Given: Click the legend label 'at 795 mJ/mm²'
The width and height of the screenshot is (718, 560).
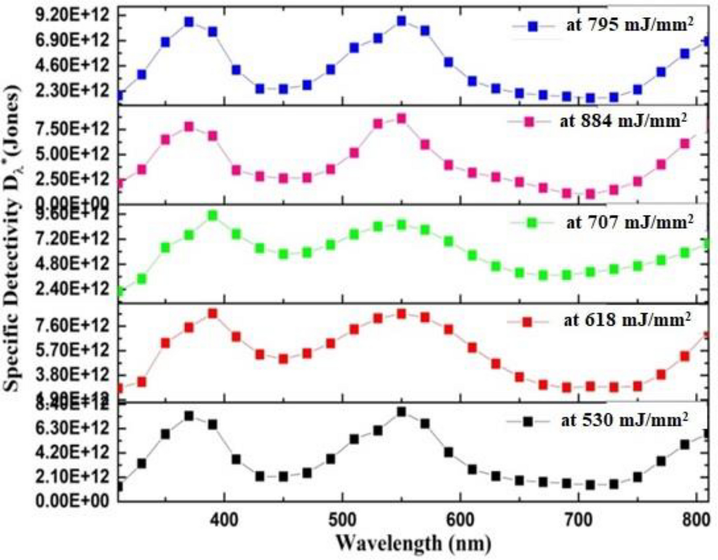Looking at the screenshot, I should pyautogui.click(x=629, y=25).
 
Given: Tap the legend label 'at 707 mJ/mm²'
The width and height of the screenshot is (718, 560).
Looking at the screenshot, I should pyautogui.click(x=629, y=222).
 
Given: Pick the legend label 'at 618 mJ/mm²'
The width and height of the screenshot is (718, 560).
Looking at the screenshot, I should pyautogui.click(x=627, y=320).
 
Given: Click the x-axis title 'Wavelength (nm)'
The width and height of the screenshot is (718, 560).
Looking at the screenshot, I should pyautogui.click(x=413, y=543).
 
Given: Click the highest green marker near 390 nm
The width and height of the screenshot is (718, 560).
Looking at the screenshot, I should pyautogui.click(x=212, y=216).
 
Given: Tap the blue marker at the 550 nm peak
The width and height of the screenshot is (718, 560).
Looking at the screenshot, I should pyautogui.click(x=402, y=21).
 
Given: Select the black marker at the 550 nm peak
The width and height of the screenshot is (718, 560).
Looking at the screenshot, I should pyautogui.click(x=402, y=412).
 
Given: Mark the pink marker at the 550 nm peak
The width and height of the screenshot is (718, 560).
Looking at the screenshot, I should pyautogui.click(x=402, y=119).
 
